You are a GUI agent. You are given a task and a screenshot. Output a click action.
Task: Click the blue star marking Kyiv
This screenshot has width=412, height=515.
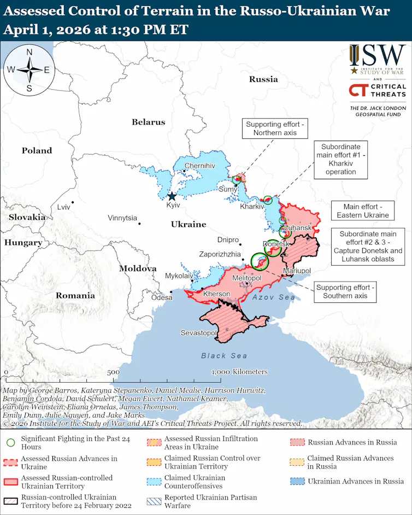pyautogui.click(x=172, y=196)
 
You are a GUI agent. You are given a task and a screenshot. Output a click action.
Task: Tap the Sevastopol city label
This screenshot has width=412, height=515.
pyautogui.click(x=199, y=333)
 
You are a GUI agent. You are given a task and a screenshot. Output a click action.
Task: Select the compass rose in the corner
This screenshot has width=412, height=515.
pyautogui.click(x=29, y=69)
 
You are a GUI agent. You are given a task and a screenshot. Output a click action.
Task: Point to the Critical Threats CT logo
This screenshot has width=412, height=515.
pyautogui.click(x=358, y=90)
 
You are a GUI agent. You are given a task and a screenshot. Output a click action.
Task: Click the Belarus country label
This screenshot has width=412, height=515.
pyautogui.click(x=148, y=122)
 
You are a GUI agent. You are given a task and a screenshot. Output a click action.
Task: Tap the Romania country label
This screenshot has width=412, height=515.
pyautogui.click(x=75, y=295)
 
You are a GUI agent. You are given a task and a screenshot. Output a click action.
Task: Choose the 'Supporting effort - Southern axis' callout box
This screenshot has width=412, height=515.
pyautogui.click(x=345, y=291)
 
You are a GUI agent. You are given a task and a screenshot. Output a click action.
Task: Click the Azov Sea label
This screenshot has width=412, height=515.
pyautogui.click(x=274, y=297)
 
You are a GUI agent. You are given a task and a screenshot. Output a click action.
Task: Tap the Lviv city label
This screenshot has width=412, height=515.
pyautogui.click(x=64, y=207)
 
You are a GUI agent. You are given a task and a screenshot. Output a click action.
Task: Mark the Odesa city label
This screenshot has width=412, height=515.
pyautogui.click(x=162, y=297)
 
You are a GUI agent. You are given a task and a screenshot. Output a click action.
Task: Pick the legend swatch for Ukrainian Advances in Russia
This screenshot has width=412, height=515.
pyautogui.click(x=297, y=481)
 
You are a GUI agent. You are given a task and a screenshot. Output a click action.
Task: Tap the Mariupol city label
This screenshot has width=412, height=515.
pyautogui.click(x=297, y=271)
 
